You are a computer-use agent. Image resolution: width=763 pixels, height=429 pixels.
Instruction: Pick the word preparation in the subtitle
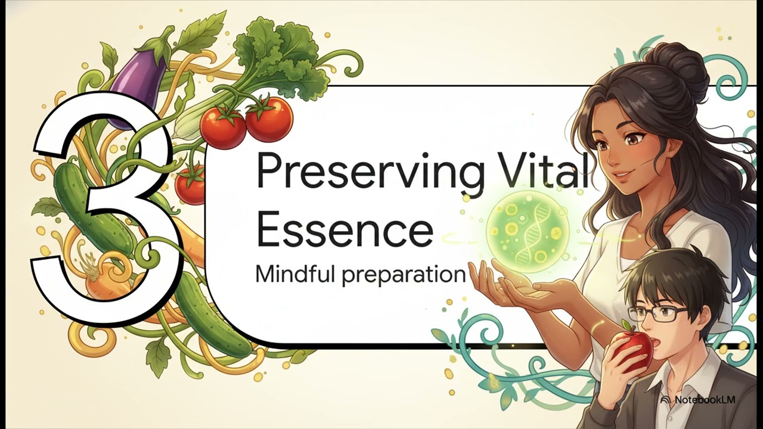point(404,275)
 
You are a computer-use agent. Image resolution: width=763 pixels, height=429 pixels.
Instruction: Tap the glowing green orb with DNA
point(528,232)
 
